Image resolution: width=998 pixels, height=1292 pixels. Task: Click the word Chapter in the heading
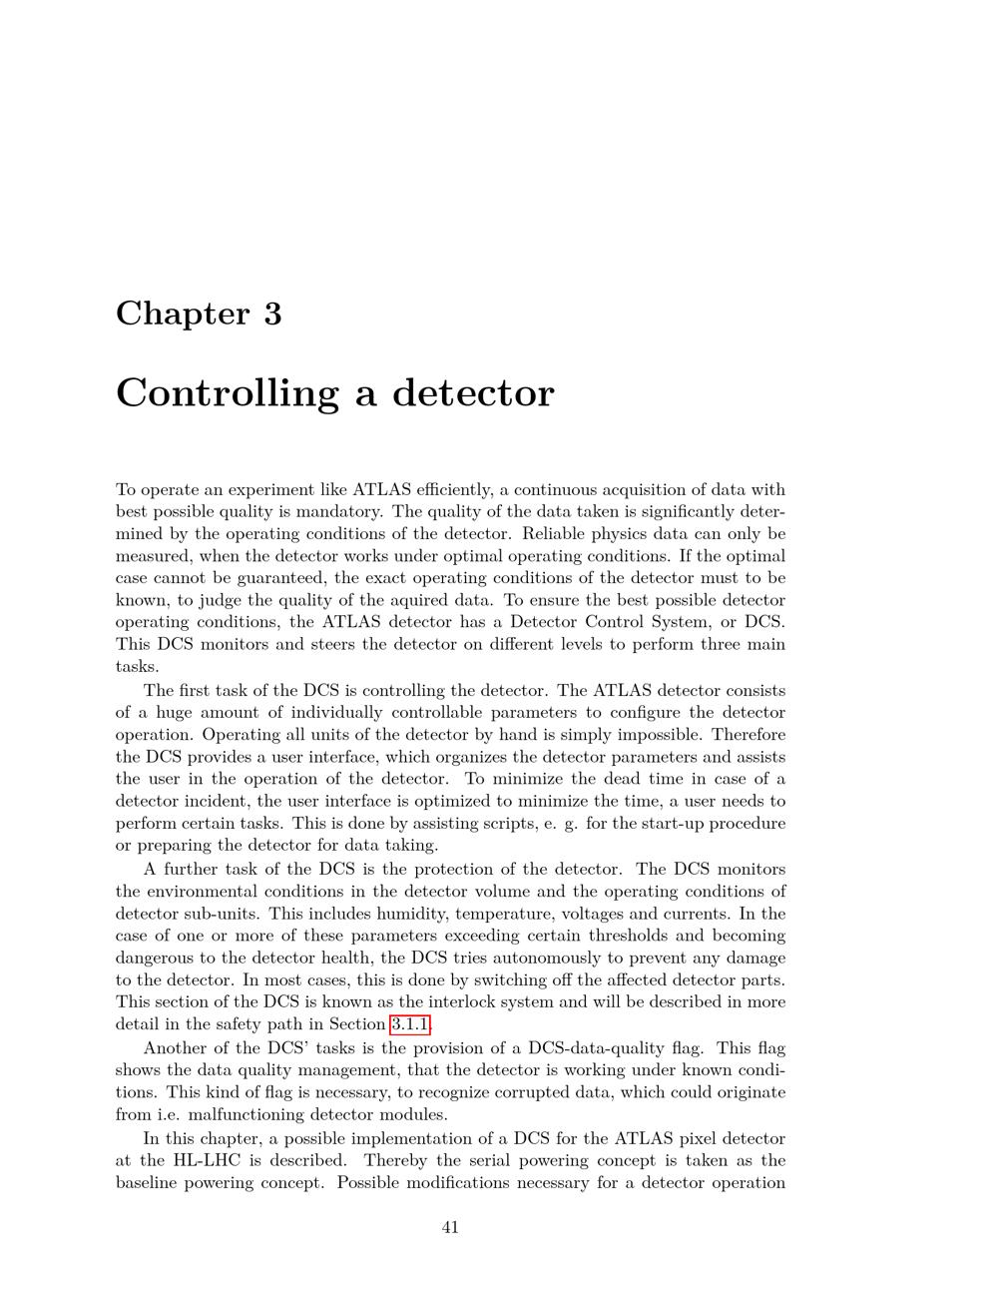(183, 314)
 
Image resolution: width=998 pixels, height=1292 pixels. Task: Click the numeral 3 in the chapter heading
(272, 314)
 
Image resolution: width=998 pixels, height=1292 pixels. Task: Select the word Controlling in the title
(227, 392)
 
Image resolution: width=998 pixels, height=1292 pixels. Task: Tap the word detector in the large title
(472, 392)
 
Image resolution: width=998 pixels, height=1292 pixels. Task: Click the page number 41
(450, 1227)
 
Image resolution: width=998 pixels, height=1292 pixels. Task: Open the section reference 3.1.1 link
(410, 1024)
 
